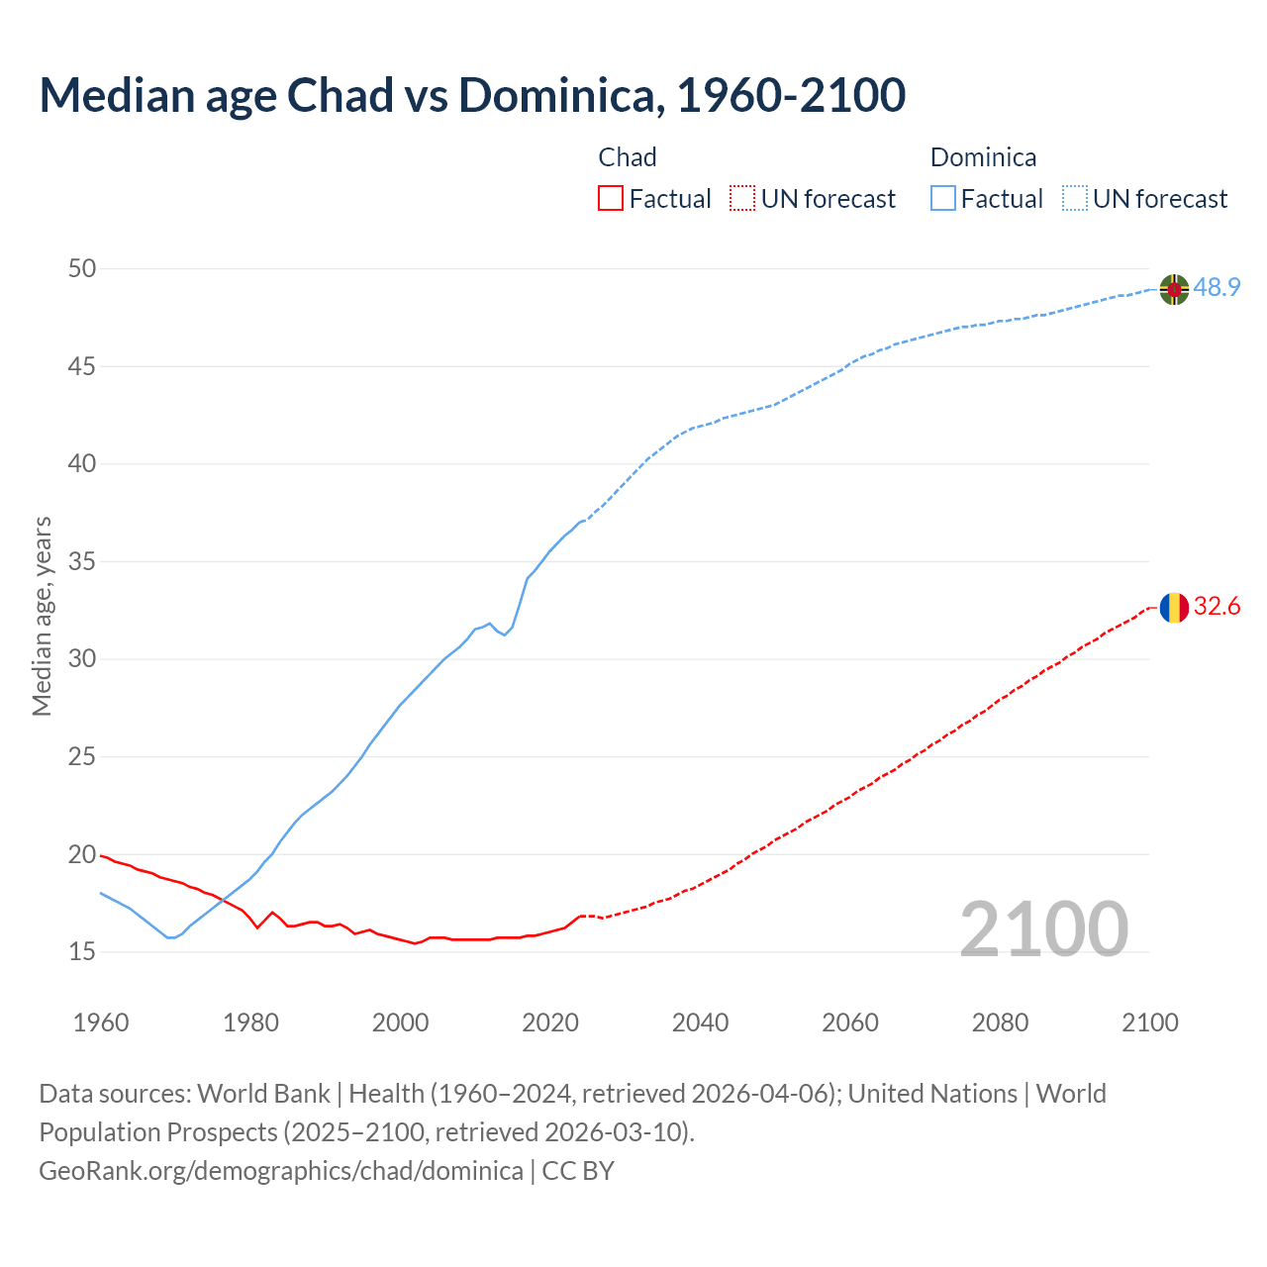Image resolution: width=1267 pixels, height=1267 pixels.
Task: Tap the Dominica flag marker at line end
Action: coord(1174,289)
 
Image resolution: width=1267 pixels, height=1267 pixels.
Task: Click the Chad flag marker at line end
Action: coord(1174,607)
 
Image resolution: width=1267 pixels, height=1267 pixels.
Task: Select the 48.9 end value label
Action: coord(1217,288)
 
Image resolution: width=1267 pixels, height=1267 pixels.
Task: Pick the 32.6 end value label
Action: coord(1217,607)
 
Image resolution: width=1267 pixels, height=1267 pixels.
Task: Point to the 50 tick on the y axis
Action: coord(83,268)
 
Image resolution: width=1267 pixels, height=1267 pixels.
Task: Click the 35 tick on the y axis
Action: coord(83,561)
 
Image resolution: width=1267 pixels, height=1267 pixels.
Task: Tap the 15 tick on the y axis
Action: coord(83,951)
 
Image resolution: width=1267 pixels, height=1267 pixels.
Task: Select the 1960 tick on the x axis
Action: coord(101,1023)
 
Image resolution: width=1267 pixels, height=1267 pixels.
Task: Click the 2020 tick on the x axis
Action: coord(550,1023)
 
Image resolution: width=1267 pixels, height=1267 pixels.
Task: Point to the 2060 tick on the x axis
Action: coord(850,1023)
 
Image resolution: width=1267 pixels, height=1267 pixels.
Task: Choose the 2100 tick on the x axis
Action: coord(1150,1023)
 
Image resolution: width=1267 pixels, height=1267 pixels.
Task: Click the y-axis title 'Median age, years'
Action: coord(42,616)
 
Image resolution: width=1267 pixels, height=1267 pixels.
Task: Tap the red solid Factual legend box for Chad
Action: coord(611,199)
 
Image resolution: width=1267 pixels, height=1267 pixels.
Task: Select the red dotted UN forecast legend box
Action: coord(742,199)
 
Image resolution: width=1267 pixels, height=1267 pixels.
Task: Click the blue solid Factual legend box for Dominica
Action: coord(943,199)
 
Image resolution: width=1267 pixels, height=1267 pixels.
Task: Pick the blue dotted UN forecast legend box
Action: coord(1075,199)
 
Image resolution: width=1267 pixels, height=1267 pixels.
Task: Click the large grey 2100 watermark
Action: coord(1043,928)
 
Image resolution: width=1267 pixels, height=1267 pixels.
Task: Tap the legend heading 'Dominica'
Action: coord(983,157)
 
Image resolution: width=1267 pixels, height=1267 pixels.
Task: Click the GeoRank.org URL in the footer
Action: coord(281,1171)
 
